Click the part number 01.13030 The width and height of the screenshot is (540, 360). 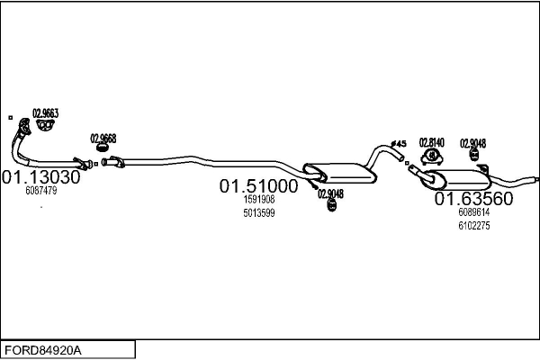click(40, 177)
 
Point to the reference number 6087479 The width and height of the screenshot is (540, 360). click(40, 191)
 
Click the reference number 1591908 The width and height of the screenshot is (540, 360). click(258, 200)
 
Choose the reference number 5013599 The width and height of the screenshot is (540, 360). click(258, 212)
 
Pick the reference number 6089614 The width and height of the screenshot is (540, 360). click(473, 212)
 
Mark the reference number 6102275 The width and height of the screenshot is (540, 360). click(473, 225)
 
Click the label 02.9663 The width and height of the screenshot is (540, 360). click(46, 113)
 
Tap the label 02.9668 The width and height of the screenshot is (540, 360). click(103, 139)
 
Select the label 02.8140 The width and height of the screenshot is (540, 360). click(432, 142)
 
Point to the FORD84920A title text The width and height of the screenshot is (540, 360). click(46, 348)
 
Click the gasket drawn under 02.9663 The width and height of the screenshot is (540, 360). click(43, 129)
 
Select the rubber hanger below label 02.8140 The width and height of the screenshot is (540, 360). click(433, 159)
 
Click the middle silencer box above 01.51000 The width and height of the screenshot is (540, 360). click(337, 170)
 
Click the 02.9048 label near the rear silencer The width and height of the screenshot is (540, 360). click(473, 142)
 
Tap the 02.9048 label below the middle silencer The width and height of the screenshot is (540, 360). click(330, 193)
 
